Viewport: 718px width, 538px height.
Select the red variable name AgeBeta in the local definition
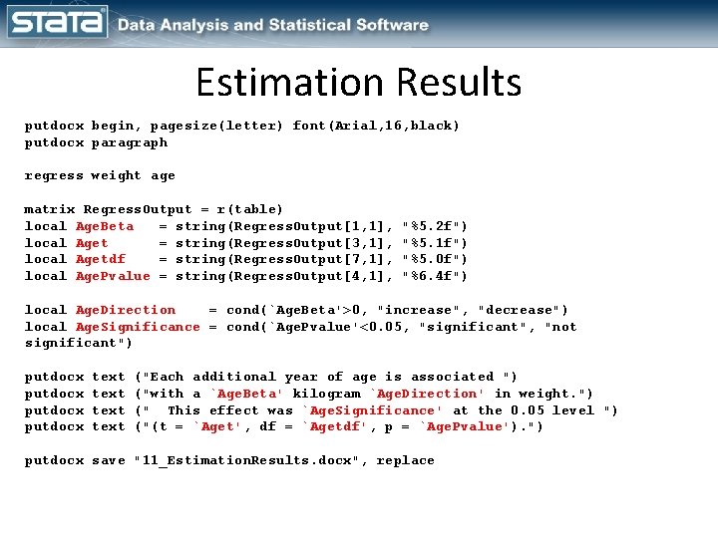click(x=105, y=226)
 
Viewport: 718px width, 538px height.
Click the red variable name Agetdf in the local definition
click(x=101, y=259)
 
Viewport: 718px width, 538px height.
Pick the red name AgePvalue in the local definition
click(x=113, y=276)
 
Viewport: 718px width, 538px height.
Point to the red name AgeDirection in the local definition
click(x=126, y=310)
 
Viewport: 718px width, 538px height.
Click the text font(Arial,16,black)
click(x=376, y=126)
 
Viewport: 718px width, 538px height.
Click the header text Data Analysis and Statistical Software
click(x=273, y=25)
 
